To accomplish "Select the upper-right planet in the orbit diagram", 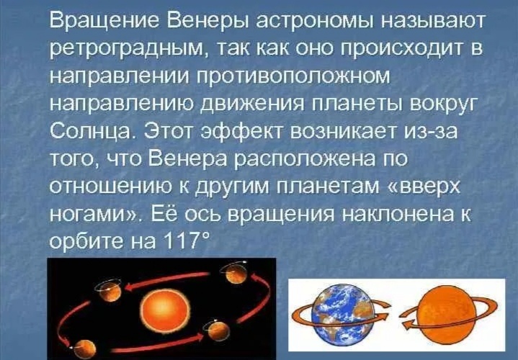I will pyautogui.click(x=234, y=274).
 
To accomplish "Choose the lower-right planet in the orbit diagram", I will pyautogui.click(x=215, y=333).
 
